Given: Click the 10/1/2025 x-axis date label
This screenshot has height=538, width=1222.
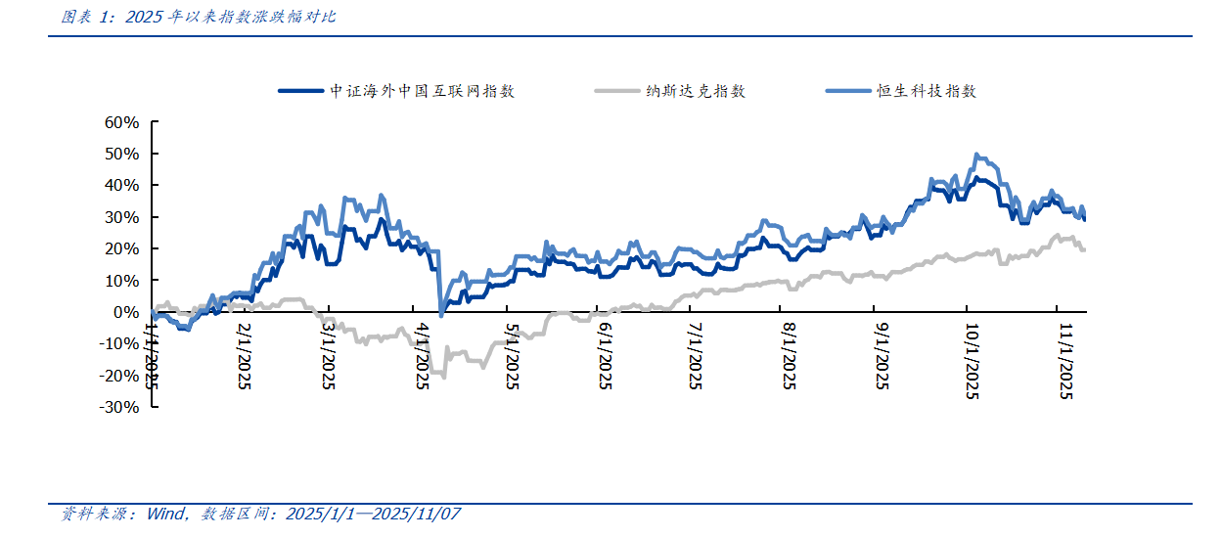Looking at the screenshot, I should (973, 361).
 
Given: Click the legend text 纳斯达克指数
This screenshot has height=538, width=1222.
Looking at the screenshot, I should (696, 91).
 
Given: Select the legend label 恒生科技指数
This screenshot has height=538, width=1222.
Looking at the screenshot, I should (927, 91).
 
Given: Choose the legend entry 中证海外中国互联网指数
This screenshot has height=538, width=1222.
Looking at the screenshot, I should (423, 91).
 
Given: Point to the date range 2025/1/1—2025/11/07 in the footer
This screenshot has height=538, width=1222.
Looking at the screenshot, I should (373, 514).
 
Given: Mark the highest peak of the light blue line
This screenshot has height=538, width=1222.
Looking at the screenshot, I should (975, 155).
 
